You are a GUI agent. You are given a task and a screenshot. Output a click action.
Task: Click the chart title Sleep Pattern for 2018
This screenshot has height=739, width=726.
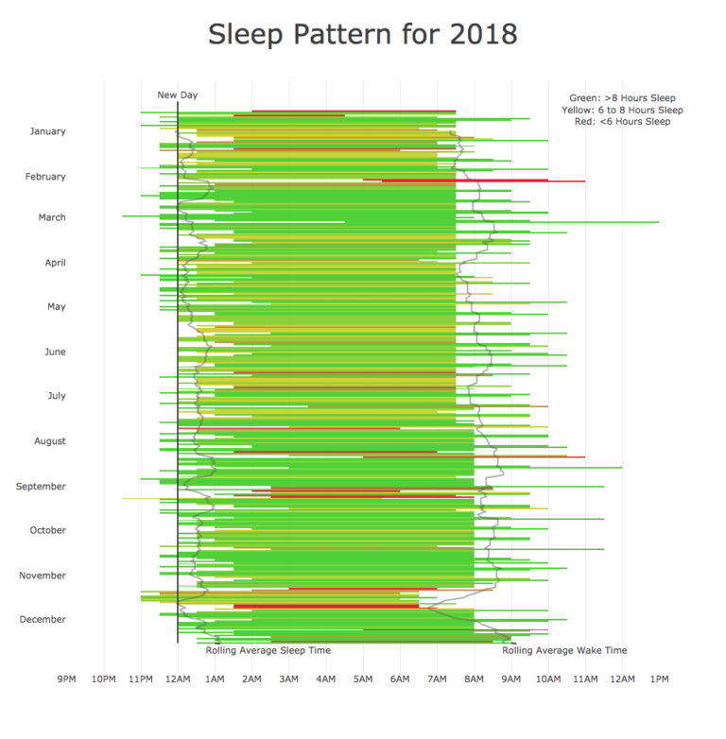[x=363, y=34]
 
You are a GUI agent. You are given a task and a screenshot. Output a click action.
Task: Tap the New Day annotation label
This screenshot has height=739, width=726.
[x=177, y=95]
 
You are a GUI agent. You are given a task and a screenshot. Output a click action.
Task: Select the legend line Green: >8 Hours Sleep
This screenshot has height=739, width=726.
[x=622, y=97]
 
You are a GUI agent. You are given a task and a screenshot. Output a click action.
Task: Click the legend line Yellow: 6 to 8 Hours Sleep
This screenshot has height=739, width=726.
[x=622, y=110]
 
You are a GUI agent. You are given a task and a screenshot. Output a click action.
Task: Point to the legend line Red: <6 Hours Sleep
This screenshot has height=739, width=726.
[x=622, y=121]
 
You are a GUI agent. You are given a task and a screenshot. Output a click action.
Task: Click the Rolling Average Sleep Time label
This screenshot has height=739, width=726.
[x=268, y=650]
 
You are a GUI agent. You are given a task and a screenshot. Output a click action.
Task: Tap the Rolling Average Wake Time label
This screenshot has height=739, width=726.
[x=564, y=650]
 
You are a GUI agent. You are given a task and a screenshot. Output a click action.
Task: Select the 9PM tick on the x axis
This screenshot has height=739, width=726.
[x=66, y=679]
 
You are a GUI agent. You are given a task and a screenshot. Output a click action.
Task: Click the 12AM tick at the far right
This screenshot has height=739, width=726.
[x=622, y=679]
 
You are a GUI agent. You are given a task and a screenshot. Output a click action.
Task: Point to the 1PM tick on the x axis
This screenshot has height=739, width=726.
[x=660, y=679]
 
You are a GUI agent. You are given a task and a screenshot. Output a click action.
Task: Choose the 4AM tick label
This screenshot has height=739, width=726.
[x=325, y=679]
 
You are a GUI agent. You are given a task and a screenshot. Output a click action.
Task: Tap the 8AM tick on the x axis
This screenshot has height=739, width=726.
[x=474, y=679]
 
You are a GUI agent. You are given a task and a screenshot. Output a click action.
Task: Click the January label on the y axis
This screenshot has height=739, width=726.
[x=48, y=131]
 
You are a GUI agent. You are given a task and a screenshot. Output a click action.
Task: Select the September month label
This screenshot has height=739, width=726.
[x=41, y=486]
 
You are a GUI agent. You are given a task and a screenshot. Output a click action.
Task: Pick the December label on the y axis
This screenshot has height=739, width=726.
[x=43, y=619]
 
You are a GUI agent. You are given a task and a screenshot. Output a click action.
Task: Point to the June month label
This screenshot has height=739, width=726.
[x=55, y=352]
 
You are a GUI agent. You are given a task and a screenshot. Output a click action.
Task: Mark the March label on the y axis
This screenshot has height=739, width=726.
[x=52, y=217]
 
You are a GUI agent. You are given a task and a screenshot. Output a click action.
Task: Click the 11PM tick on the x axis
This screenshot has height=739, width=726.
[x=140, y=679]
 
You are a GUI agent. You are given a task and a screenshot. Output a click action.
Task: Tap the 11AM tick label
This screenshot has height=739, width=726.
[x=585, y=679]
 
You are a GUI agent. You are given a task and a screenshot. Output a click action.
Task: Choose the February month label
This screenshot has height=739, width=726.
[x=45, y=177]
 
